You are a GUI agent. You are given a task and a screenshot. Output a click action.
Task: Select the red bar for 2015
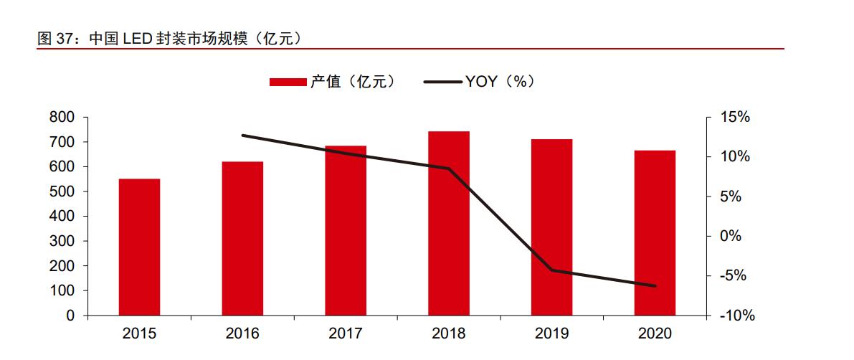139,247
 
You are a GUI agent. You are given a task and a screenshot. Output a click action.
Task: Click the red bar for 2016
242,238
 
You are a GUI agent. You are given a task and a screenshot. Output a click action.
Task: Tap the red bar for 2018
449,223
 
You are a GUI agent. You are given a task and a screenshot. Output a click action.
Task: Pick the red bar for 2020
655,232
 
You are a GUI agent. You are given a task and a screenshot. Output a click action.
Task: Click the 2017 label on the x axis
346,333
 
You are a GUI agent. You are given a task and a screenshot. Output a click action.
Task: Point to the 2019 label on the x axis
551,333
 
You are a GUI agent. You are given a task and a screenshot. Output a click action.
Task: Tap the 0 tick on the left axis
70,316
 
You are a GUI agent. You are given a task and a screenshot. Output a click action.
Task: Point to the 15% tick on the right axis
734,118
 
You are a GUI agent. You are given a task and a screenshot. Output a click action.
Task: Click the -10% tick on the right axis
734,316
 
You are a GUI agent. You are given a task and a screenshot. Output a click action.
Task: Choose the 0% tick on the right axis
730,236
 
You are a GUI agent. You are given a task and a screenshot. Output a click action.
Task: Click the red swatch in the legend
288,82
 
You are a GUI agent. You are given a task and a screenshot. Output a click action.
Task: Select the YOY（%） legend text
500,82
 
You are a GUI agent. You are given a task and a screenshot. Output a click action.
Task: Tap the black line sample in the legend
442,82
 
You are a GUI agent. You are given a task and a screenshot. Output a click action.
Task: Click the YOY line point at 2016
242,135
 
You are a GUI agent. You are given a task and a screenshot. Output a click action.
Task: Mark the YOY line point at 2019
551,270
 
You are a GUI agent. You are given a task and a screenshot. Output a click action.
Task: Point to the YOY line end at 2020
655,286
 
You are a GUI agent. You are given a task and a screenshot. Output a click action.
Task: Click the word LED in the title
136,39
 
